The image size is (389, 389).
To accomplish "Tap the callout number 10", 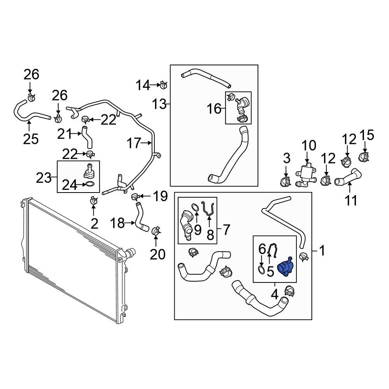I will (309, 146).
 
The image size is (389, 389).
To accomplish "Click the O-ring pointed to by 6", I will (262, 270).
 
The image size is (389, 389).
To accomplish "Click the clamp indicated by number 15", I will (364, 157).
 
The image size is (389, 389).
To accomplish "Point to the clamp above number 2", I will (93, 201).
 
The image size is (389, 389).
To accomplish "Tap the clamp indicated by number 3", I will (286, 181).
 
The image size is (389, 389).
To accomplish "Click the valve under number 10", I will (306, 175).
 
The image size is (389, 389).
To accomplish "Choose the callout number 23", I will (44, 178).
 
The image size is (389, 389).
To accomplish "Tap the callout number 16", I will (214, 109).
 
